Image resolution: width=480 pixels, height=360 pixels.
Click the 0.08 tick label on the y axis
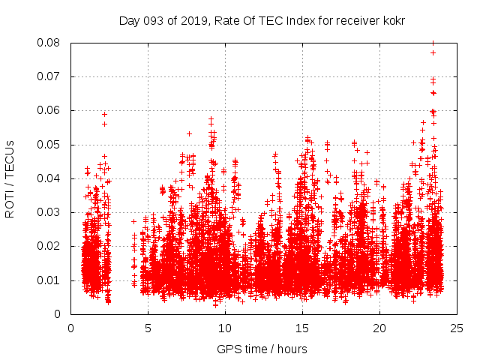coord(50,43)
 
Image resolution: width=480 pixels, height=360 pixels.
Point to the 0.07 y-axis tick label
coord(50,76)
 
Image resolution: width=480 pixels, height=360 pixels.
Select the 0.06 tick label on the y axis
coord(50,110)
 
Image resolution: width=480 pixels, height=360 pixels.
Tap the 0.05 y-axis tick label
coord(50,144)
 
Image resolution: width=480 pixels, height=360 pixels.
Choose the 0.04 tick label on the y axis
coord(50,178)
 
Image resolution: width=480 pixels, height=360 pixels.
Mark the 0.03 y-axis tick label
coord(50,212)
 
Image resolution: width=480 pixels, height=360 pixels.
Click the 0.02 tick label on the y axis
coord(50,246)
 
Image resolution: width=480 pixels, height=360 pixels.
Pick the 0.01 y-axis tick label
coord(50,280)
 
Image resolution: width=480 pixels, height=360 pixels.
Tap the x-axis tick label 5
coord(148,328)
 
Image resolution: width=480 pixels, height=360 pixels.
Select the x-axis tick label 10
coord(225,328)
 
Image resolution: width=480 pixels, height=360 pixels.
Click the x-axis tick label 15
coord(302,328)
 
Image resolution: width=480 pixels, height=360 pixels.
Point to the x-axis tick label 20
coord(379,328)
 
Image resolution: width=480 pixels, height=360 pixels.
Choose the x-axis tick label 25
coord(457,328)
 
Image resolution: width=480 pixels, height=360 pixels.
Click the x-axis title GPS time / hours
coord(262,349)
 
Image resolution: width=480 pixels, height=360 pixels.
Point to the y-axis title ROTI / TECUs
coord(10,178)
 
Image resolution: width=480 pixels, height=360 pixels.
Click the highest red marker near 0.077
coord(433,52)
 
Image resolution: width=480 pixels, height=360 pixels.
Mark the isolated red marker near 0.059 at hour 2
coord(104,114)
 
